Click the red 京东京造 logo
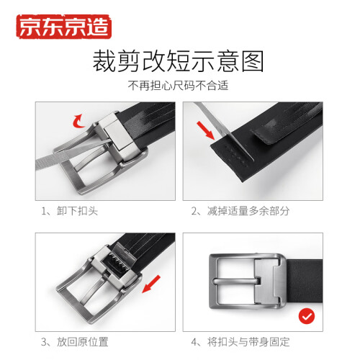tap(64, 27)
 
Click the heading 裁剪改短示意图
tap(179, 61)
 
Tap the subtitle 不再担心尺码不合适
tap(178, 86)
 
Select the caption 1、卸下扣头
tap(70, 211)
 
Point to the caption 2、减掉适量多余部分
tap(240, 211)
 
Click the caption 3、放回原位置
tap(75, 342)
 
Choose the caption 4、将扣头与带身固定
tap(240, 342)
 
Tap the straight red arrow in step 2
tap(205, 130)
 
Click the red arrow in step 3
tap(151, 284)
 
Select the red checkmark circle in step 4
tap(307, 316)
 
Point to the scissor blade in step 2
tap(225, 131)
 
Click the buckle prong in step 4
tap(237, 282)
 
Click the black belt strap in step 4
tap(305, 281)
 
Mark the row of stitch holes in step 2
tap(236, 156)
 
